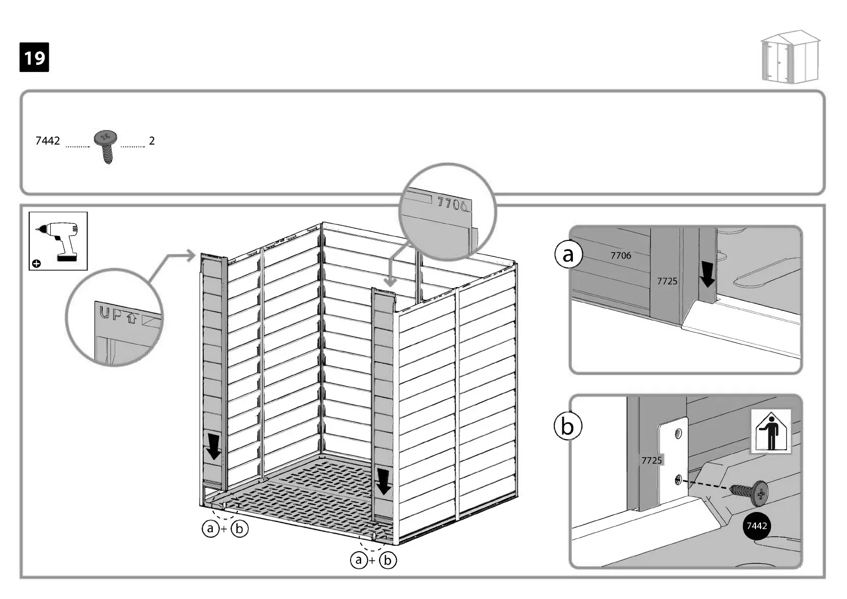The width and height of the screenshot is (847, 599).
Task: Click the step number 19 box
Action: click(x=34, y=57)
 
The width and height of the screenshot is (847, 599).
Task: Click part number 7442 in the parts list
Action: click(x=48, y=141)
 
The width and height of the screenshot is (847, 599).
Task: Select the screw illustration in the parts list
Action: click(x=106, y=146)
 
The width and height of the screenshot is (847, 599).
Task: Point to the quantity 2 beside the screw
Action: click(x=152, y=141)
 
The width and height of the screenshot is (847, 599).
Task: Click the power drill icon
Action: click(x=58, y=241)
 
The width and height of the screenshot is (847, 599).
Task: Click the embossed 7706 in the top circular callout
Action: click(x=452, y=204)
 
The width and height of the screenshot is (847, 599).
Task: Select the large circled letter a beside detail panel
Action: click(x=568, y=254)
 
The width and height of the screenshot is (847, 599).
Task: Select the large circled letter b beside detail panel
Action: click(x=567, y=426)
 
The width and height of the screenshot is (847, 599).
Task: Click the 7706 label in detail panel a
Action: click(x=621, y=255)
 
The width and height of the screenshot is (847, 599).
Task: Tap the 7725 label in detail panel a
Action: click(x=667, y=281)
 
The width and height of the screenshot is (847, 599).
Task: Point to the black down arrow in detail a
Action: click(x=708, y=275)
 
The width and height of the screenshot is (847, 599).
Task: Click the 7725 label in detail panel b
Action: click(x=651, y=460)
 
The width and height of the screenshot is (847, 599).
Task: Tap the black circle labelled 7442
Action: click(x=756, y=526)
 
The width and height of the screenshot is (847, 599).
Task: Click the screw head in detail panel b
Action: click(x=759, y=494)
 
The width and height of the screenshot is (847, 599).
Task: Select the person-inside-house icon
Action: click(x=771, y=432)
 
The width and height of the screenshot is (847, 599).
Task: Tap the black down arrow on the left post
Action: click(x=214, y=447)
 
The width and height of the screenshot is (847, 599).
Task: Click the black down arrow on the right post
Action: click(x=384, y=482)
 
